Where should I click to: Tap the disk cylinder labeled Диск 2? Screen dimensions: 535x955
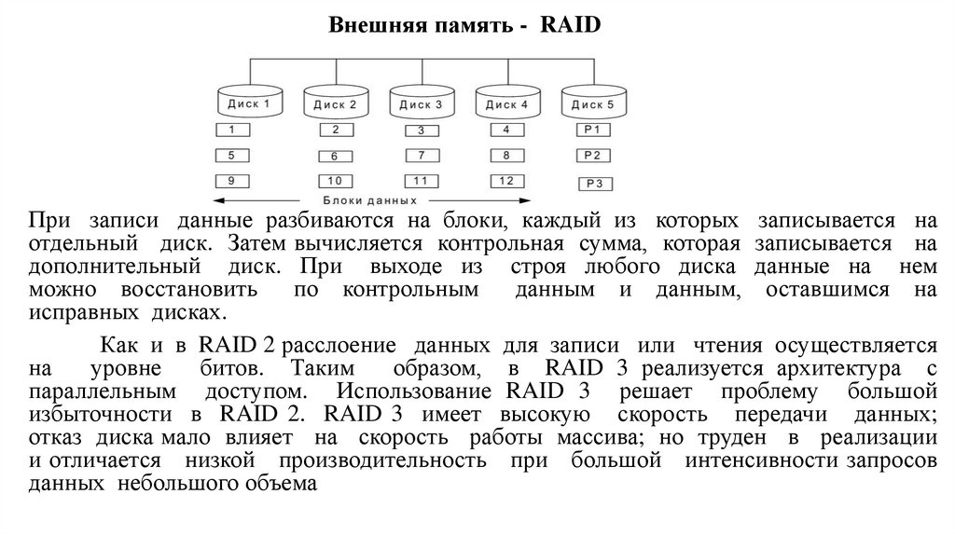pyautogui.click(x=336, y=103)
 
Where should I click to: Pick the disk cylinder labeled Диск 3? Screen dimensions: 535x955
pyautogui.click(x=422, y=103)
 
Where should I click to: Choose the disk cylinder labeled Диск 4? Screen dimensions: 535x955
pyautogui.click(x=507, y=103)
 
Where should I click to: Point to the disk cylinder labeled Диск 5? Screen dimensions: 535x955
pyautogui.click(x=593, y=103)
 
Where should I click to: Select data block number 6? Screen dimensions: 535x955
pyautogui.click(x=335, y=157)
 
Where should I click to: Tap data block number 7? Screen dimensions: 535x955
pyautogui.click(x=422, y=156)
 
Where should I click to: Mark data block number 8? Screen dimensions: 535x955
pyautogui.click(x=506, y=156)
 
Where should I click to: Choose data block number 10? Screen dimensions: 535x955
pyautogui.click(x=335, y=180)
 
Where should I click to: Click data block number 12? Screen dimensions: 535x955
pyautogui.click(x=506, y=180)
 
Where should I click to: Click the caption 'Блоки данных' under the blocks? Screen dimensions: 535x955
pyautogui.click(x=369, y=200)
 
